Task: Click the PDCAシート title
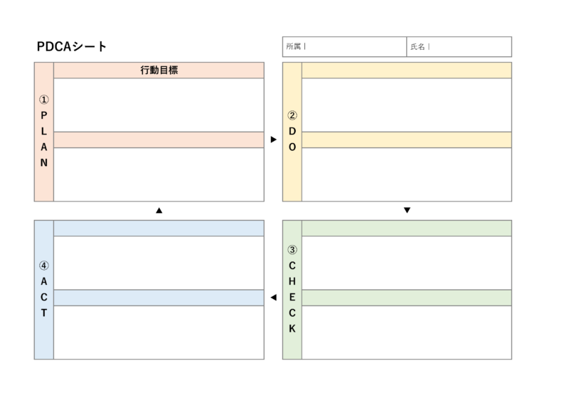pos(72,47)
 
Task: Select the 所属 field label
pos(293,47)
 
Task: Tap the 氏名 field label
pos(417,47)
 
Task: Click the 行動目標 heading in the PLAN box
pos(159,70)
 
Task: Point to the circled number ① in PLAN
pos(43,100)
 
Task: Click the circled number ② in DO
pos(292,115)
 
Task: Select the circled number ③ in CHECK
pos(292,250)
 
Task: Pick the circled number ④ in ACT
pos(43,266)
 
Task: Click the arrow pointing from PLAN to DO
pos(273,140)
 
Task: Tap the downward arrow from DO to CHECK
pos(407,211)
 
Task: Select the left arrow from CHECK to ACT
pos(273,298)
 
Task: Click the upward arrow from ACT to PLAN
pos(159,211)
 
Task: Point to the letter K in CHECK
pos(292,329)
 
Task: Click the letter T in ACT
pos(43,313)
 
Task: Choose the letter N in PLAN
pos(43,162)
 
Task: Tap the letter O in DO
pos(292,147)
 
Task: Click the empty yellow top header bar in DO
pos(406,70)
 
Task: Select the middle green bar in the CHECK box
pos(406,298)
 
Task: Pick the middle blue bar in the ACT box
pos(159,298)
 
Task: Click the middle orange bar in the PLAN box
pos(159,140)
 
